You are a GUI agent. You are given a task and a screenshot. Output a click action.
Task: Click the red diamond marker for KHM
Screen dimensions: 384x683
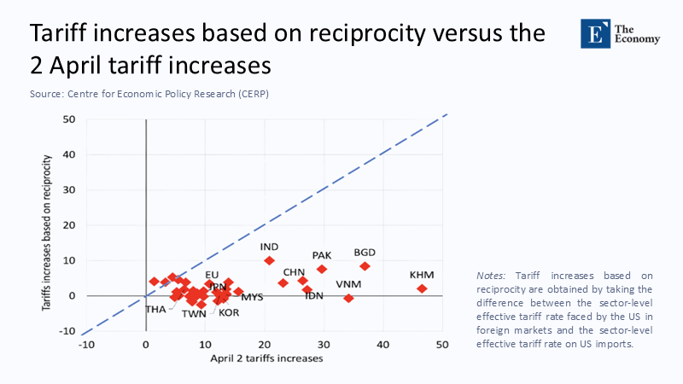point(422,288)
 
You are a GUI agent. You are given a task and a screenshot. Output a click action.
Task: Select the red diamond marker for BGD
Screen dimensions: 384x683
point(365,266)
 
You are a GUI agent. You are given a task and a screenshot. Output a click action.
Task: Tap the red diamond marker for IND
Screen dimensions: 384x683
point(270,260)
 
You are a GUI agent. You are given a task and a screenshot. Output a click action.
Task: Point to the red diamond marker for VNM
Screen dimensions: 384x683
point(348,298)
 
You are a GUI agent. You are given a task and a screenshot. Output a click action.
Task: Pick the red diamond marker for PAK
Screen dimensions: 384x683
point(322,269)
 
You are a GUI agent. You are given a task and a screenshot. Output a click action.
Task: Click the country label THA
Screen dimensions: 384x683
point(155,309)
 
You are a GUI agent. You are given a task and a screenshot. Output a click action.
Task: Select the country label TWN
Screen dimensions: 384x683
point(194,313)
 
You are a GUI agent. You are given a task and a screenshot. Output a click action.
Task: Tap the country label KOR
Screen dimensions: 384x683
point(229,312)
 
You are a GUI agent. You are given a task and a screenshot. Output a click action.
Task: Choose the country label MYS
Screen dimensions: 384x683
point(252,297)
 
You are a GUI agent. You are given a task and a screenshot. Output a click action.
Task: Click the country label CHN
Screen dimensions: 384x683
point(295,271)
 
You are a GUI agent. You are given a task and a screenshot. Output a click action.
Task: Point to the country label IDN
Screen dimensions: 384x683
point(314,295)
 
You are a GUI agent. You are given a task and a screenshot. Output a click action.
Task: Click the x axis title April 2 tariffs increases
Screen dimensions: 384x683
point(266,358)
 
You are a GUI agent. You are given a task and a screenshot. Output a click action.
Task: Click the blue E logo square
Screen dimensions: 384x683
point(593,32)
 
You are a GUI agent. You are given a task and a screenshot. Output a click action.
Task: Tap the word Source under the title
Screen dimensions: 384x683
point(44,94)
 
